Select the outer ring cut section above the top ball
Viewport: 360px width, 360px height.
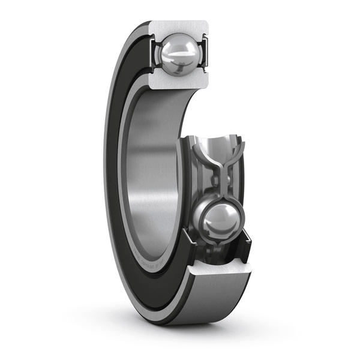pyautogui.click(x=179, y=28)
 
